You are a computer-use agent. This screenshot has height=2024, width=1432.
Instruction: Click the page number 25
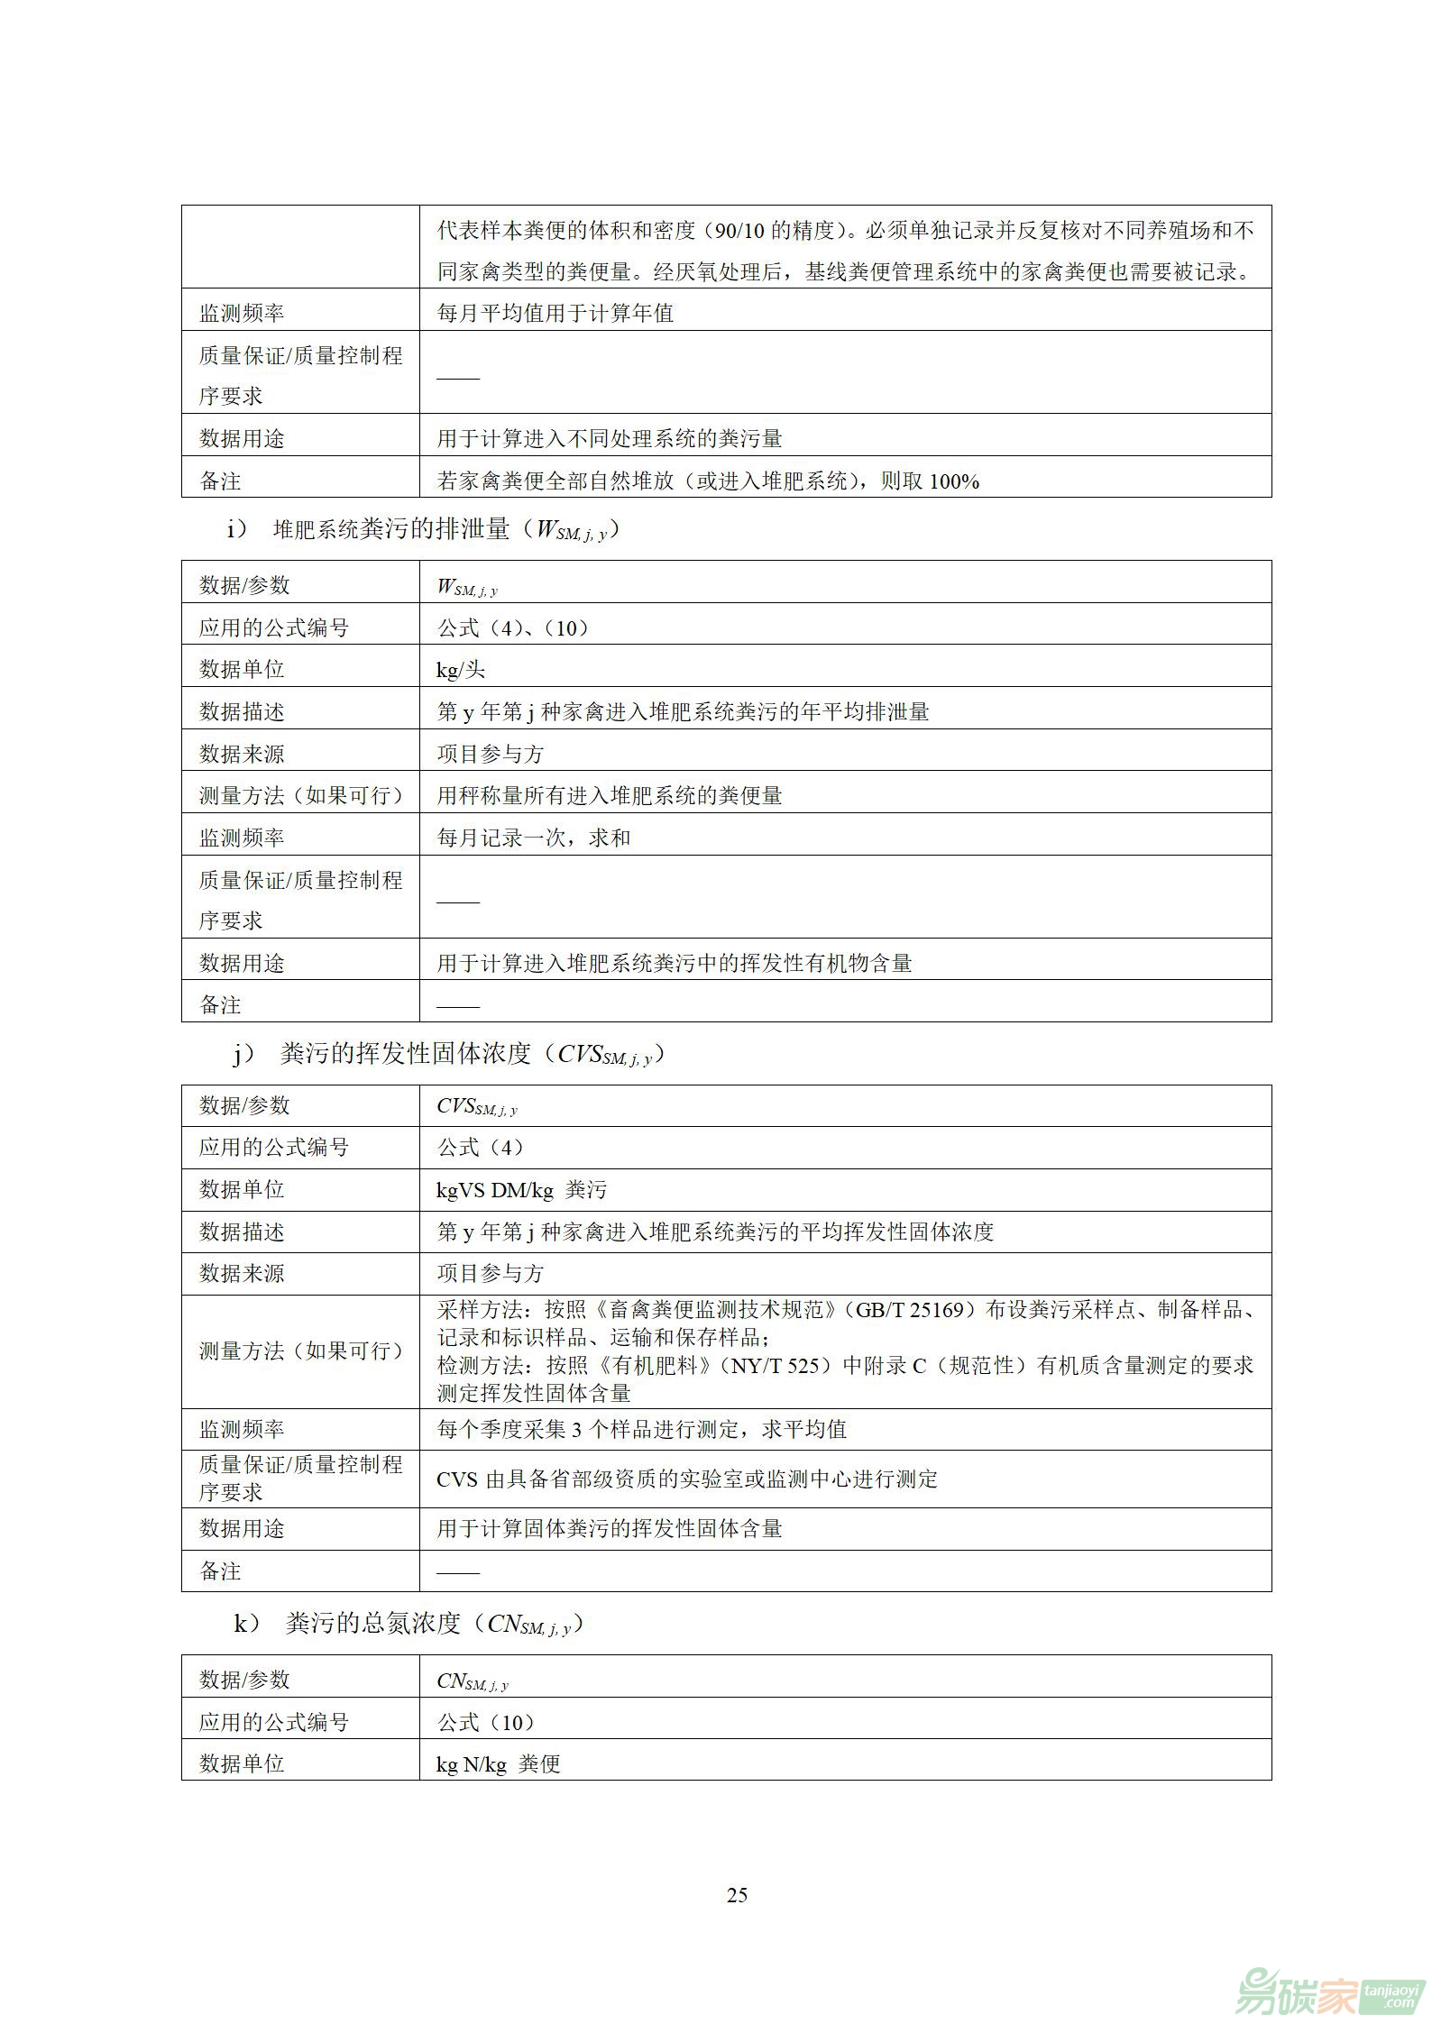pyautogui.click(x=737, y=1894)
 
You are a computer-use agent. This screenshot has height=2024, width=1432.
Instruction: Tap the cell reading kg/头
pyautogui.click(x=461, y=670)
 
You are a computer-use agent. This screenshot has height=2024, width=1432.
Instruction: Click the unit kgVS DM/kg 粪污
pyautogui.click(x=521, y=1190)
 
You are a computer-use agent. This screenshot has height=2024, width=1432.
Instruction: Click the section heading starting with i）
pyautogui.click(x=423, y=529)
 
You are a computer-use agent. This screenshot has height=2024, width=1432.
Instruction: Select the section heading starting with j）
pyautogui.click(x=448, y=1054)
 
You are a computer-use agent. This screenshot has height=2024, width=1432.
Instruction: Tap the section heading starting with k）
pyautogui.click(x=408, y=1624)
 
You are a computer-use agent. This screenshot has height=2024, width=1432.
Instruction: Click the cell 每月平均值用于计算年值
pyautogui.click(x=555, y=313)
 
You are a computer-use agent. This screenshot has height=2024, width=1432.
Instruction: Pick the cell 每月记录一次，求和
pyautogui.click(x=533, y=838)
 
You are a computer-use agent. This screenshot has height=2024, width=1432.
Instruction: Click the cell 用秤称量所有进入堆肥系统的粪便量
pyautogui.click(x=610, y=795)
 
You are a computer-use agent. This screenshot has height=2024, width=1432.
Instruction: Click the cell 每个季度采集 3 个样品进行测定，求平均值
pyautogui.click(x=641, y=1429)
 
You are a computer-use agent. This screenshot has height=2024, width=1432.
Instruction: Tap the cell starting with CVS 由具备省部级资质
pyautogui.click(x=686, y=1479)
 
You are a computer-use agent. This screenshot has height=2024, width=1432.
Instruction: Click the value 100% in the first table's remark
pyautogui.click(x=953, y=481)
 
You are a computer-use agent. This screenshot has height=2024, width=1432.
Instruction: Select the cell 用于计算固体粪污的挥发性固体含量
pyautogui.click(x=610, y=1528)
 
